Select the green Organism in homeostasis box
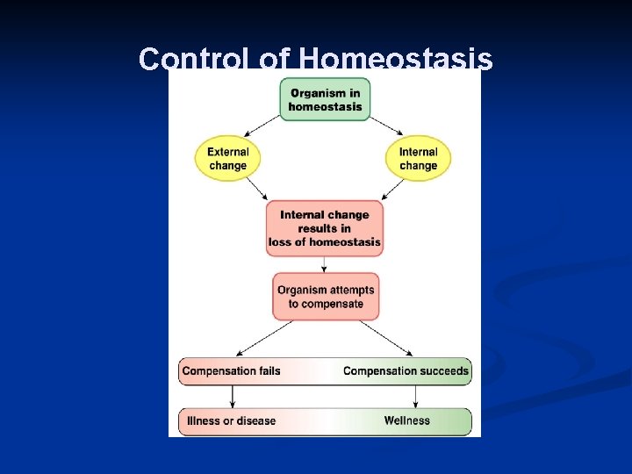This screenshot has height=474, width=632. tap(325, 99)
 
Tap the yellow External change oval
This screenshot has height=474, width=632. tap(228, 158)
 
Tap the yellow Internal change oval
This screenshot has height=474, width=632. tap(418, 158)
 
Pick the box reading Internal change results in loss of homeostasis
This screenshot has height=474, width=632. tap(325, 227)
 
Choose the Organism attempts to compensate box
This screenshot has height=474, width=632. tap(325, 297)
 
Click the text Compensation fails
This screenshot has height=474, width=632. tap(231, 370)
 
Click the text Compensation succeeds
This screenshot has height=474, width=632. tap(406, 370)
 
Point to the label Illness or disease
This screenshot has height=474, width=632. tap(231, 420)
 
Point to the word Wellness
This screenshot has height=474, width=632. tap(407, 420)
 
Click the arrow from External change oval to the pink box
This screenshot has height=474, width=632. tap(256, 189)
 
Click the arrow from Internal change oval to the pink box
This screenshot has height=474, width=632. tap(393, 189)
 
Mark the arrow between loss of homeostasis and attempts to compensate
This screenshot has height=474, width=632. tap(325, 264)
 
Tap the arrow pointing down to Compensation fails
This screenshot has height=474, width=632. tap(263, 338)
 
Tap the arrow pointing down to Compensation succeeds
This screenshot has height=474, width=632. tap(386, 338)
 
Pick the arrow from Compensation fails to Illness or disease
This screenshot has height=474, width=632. tap(232, 396)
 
